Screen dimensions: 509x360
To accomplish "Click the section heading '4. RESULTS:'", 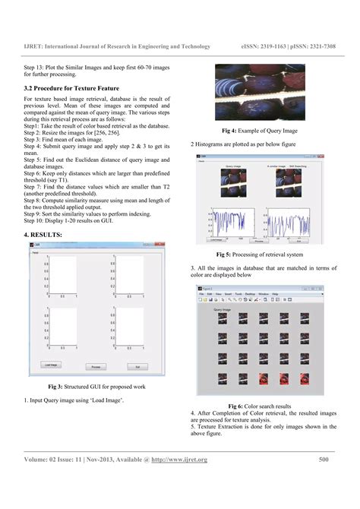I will (46, 236).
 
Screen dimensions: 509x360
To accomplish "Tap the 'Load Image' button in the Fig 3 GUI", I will (52, 365).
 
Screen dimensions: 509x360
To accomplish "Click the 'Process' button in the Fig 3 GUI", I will (96, 366).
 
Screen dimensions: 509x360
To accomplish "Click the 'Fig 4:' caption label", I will (229, 131).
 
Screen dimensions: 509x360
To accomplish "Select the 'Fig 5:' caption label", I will (225, 254).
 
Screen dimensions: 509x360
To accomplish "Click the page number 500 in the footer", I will (324, 459).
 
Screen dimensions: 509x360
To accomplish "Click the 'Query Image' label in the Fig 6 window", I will (223, 310).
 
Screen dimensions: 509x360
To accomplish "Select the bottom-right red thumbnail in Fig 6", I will (305, 378).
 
